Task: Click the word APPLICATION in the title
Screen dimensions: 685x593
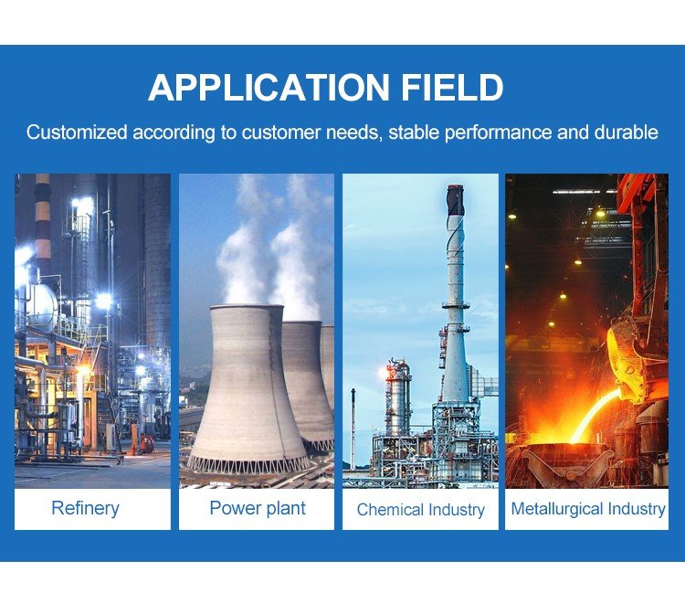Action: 269,88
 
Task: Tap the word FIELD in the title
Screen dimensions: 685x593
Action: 452,88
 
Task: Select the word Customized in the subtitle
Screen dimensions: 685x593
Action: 77,132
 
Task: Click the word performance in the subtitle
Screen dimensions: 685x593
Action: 498,132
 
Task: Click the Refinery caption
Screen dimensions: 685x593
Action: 85,508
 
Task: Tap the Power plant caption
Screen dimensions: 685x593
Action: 258,508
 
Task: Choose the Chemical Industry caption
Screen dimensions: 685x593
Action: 421,510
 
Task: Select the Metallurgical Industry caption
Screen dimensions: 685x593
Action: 588,509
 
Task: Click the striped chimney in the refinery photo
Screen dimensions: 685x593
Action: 43,223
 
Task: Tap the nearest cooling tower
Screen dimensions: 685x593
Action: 247,389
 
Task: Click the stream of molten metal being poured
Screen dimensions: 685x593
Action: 596,414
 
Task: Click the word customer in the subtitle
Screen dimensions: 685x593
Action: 281,132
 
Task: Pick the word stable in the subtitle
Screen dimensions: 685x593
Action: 414,132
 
